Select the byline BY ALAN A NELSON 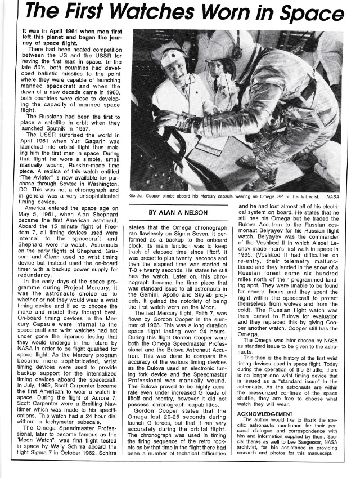(x=179, y=212)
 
